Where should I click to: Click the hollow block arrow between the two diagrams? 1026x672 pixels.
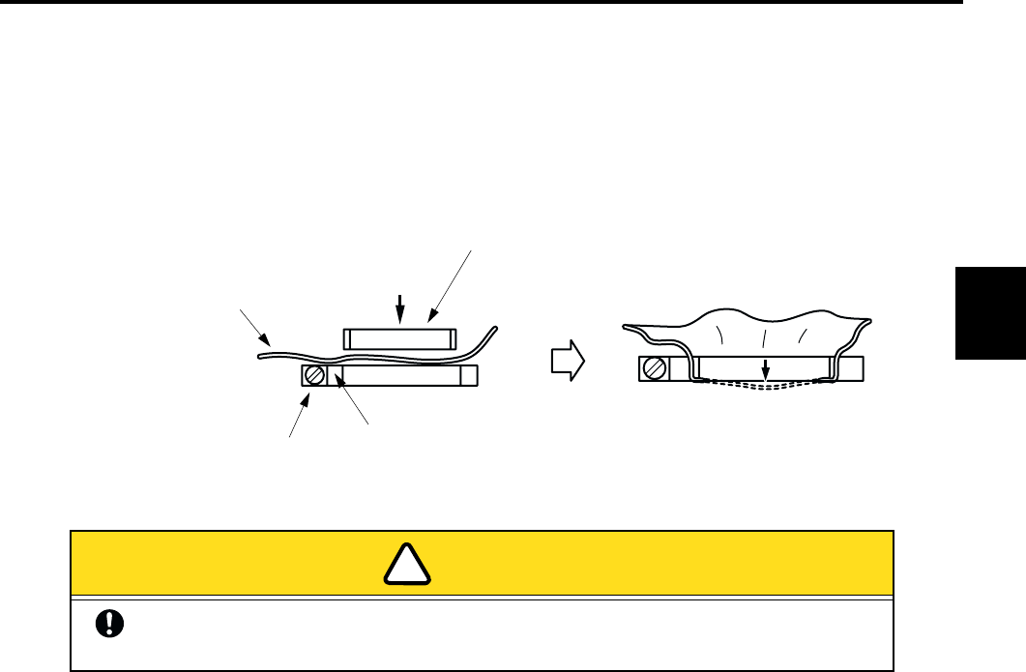point(567,361)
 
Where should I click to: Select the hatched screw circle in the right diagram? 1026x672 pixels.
point(654,368)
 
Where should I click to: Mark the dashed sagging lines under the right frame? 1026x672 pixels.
point(764,385)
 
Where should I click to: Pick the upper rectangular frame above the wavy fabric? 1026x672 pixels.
point(399,339)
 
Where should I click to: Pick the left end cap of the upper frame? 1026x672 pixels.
point(350,339)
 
